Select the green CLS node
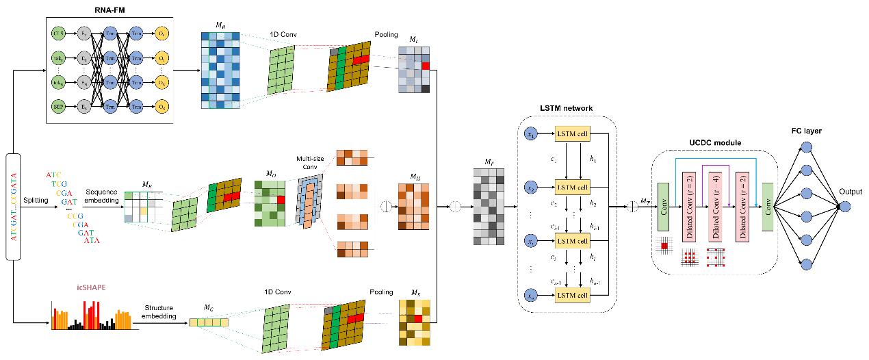[57, 32]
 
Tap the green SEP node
[57, 106]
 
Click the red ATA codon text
[92, 241]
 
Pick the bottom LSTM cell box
[573, 294]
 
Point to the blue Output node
[846, 206]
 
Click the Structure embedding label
[160, 311]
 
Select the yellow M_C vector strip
[209, 321]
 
